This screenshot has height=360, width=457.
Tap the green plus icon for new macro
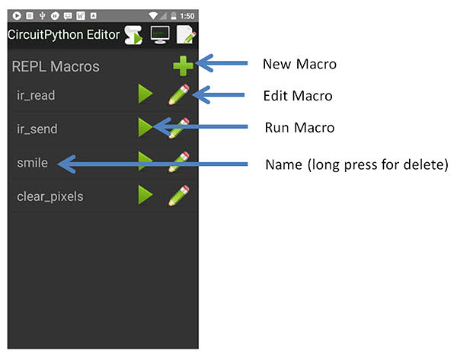tap(183, 66)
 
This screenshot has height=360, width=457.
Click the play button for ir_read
tap(145, 94)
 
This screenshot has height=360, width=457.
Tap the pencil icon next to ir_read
tap(179, 94)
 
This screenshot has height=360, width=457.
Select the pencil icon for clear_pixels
tap(179, 196)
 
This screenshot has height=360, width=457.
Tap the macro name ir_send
tap(37, 129)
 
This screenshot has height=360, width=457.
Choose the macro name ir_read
tap(36, 95)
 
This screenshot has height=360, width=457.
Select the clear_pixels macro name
tap(50, 196)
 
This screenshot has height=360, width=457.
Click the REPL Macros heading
tap(56, 66)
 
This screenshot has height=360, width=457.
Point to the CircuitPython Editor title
tap(63, 35)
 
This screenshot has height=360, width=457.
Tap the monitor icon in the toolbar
tap(160, 35)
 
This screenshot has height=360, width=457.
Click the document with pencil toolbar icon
tap(186, 35)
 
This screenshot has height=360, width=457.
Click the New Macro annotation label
tap(299, 65)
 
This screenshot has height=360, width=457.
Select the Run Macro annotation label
tap(299, 128)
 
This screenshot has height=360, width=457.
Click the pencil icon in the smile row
tap(179, 161)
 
